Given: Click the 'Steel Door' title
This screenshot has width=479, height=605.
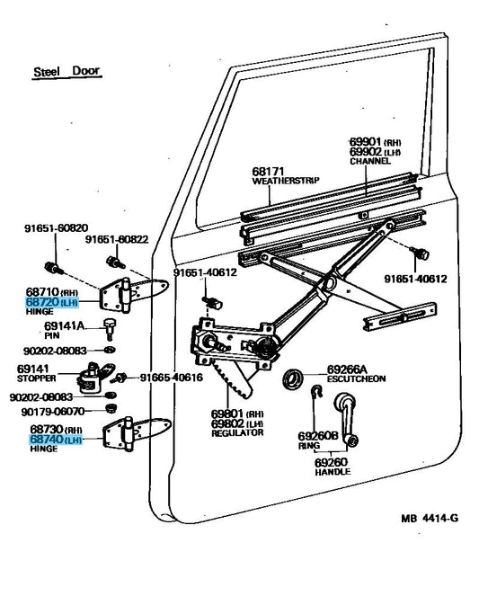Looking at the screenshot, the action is point(67,71).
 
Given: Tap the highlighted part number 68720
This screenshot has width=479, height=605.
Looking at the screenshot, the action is point(42,302).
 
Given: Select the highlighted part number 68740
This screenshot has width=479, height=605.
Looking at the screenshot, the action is point(46,439).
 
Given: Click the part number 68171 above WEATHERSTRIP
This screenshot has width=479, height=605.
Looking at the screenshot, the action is point(268,172).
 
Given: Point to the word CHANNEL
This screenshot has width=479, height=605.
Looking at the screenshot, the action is point(370,161).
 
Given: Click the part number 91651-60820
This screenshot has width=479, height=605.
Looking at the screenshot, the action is point(57,228).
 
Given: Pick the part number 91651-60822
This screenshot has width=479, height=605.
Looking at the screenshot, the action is point(117,240).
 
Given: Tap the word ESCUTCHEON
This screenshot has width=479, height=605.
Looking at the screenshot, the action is point(356,378).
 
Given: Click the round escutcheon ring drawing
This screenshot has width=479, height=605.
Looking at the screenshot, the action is point(293,378).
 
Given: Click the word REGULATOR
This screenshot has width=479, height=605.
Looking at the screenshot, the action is point(237,433).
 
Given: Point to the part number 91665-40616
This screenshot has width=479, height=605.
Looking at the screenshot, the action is point(172,378).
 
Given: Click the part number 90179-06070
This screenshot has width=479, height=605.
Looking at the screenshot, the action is point(52,412).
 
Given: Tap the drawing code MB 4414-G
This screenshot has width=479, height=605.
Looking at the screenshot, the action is point(430,518).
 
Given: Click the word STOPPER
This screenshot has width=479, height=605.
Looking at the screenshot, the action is point(36,378).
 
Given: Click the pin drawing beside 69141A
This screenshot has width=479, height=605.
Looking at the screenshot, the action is point(109,329).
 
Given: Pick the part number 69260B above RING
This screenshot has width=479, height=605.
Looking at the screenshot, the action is point(318,436).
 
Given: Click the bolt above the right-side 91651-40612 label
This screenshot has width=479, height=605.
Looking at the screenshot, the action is point(419,253).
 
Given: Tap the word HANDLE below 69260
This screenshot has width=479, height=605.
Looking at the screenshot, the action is point(333,471).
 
